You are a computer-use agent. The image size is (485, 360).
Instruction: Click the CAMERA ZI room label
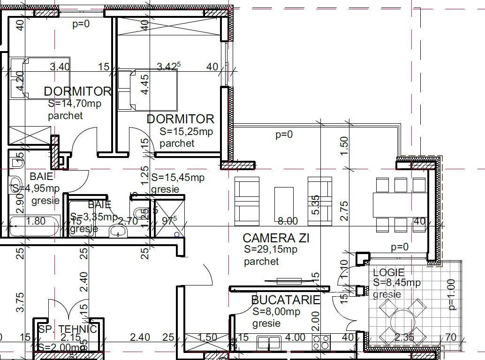(x=276, y=238)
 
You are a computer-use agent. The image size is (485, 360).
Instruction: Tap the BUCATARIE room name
(x=285, y=300)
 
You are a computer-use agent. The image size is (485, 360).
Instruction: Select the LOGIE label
(x=388, y=272)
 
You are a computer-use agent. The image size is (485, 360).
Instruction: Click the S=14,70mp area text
(x=74, y=104)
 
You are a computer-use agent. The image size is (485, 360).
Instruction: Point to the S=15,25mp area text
(x=186, y=132)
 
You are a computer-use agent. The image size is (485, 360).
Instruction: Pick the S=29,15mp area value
(x=270, y=250)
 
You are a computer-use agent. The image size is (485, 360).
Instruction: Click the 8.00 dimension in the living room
(x=288, y=221)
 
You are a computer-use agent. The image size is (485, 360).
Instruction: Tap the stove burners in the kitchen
(x=321, y=343)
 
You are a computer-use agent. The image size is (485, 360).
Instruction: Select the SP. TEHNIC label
(x=68, y=329)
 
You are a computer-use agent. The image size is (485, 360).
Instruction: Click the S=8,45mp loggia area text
(x=397, y=283)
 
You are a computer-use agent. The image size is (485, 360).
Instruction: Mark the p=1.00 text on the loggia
(x=452, y=294)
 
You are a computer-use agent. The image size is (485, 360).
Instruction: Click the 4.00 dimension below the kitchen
(x=295, y=337)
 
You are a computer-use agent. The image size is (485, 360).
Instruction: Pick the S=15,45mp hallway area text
(x=178, y=178)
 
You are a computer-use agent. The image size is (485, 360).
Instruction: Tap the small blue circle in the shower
(x=176, y=234)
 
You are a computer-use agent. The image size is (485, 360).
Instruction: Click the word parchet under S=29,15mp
(x=261, y=262)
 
